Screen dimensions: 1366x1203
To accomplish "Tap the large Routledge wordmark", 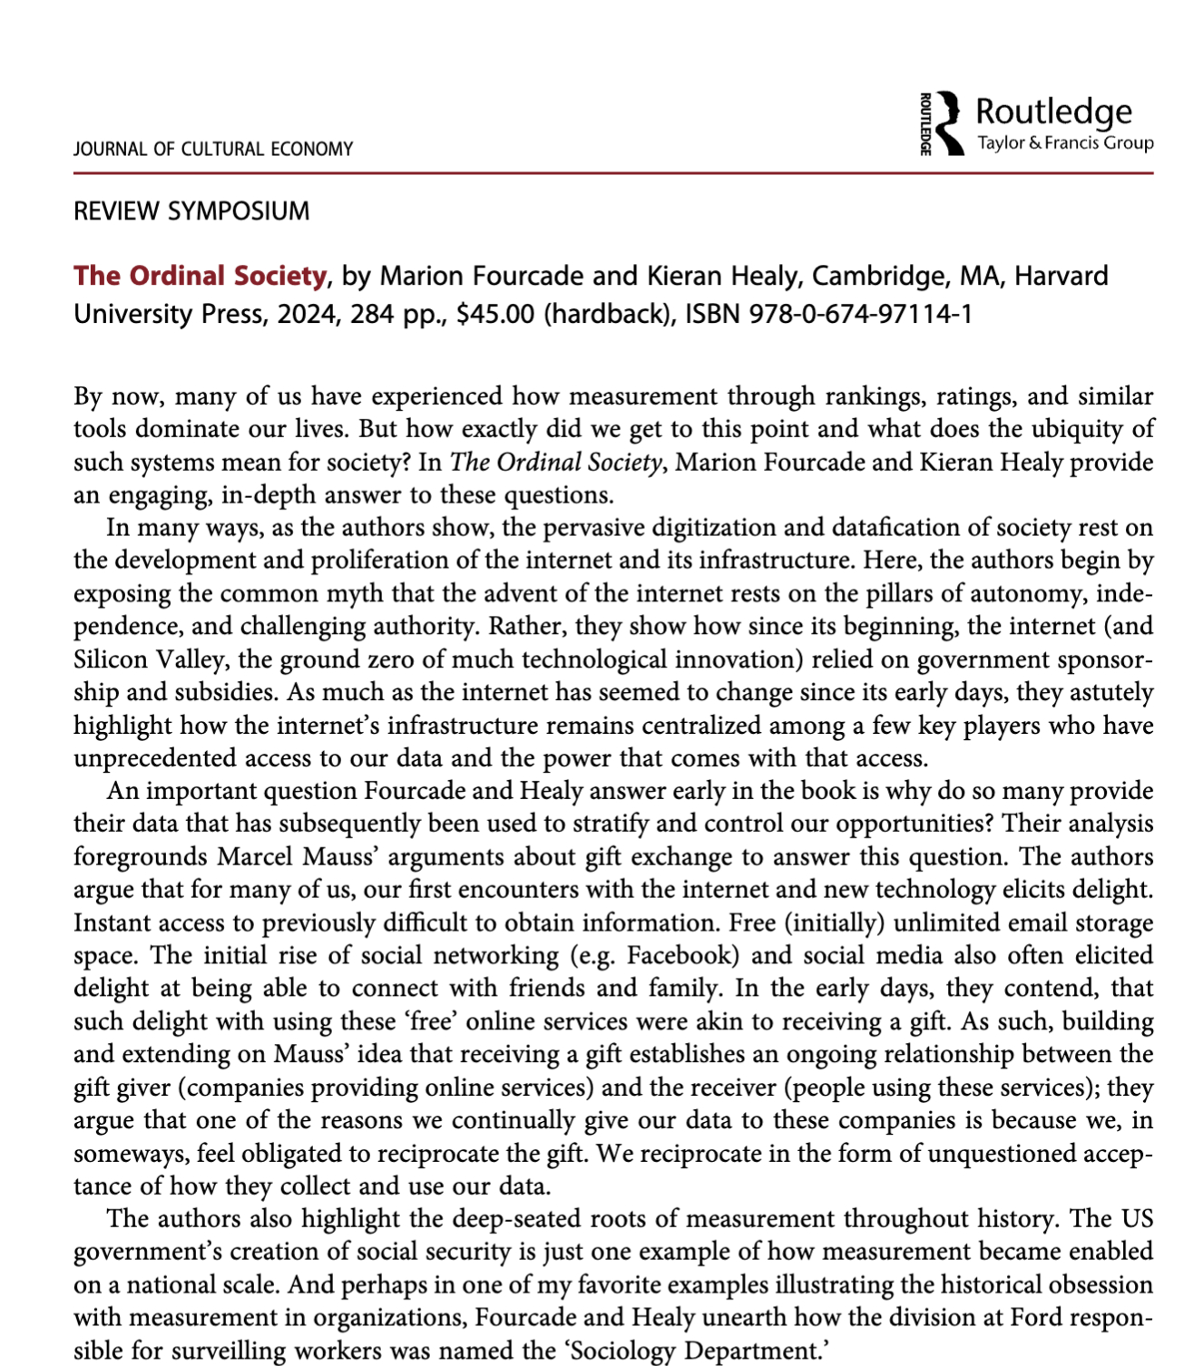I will pyautogui.click(x=1053, y=112).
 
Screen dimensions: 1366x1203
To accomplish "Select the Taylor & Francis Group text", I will pyautogui.click(x=1065, y=143).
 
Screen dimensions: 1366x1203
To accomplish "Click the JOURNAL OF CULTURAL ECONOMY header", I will pyautogui.click(x=213, y=149).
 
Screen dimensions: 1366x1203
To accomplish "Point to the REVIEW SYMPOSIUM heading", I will pyautogui.click(x=191, y=211).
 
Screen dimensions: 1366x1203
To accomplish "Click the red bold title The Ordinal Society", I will pyautogui.click(x=200, y=276).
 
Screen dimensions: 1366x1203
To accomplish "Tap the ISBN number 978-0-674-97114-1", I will pyautogui.click(x=860, y=314).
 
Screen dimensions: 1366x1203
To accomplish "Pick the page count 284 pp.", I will pyautogui.click(x=399, y=314).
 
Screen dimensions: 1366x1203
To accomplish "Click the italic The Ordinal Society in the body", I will pyautogui.click(x=555, y=463).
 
